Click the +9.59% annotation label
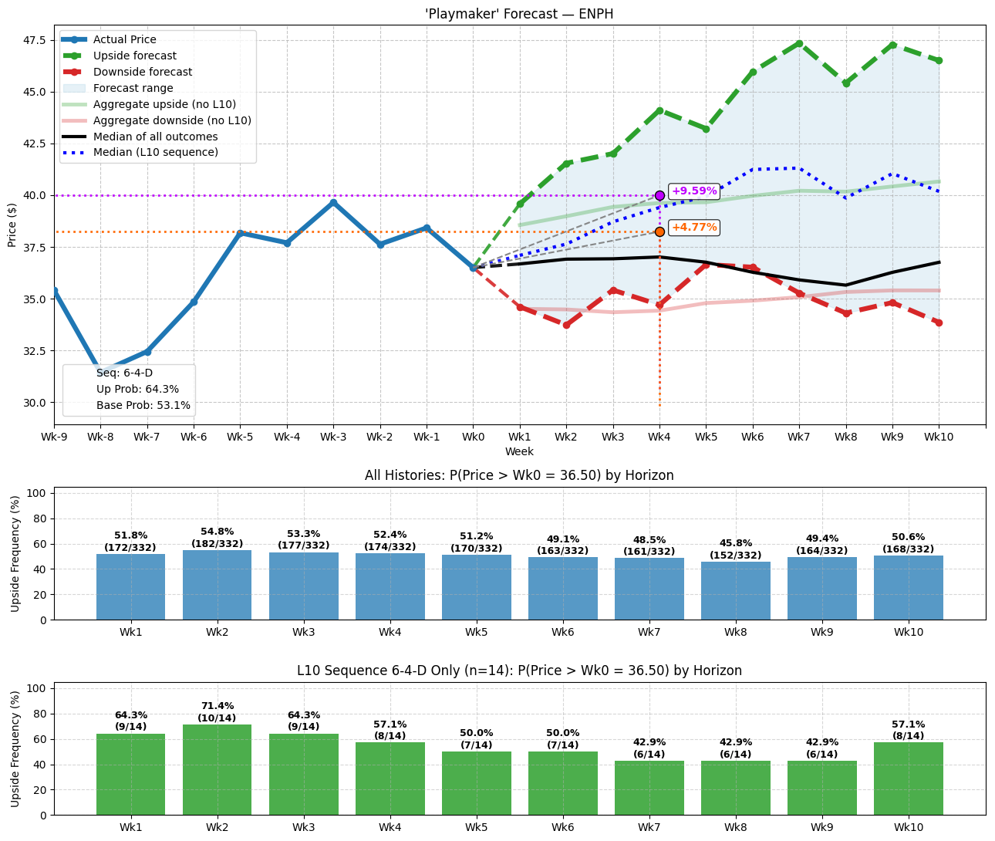point(693,191)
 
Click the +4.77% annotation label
point(693,228)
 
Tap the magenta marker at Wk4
point(659,195)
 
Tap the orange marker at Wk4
point(659,231)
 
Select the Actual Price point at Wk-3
point(333,202)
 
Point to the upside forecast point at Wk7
point(799,43)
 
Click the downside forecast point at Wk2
point(566,325)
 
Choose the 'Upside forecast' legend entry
point(134,56)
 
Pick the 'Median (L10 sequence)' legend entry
point(155,153)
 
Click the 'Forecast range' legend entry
point(133,88)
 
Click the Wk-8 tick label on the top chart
point(100,437)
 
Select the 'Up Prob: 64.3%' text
point(137,389)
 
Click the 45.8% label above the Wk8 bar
point(735,543)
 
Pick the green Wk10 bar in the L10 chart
point(908,779)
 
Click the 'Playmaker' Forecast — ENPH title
point(519,14)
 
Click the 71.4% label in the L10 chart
point(217,706)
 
